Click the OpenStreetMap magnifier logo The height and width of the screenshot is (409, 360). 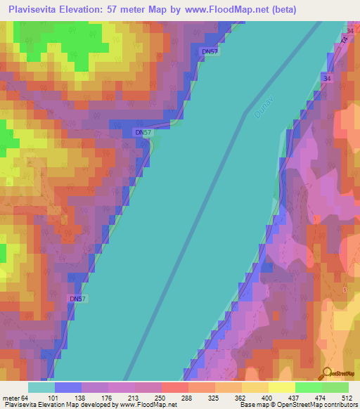pyautogui.click(x=328, y=373)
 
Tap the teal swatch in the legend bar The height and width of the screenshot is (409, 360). pyautogui.click(x=41, y=387)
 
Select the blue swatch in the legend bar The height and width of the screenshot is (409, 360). pyautogui.click(x=68, y=387)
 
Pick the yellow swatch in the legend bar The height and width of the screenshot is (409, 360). pyautogui.click(x=281, y=387)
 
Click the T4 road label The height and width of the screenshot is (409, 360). pyautogui.click(x=345, y=43)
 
